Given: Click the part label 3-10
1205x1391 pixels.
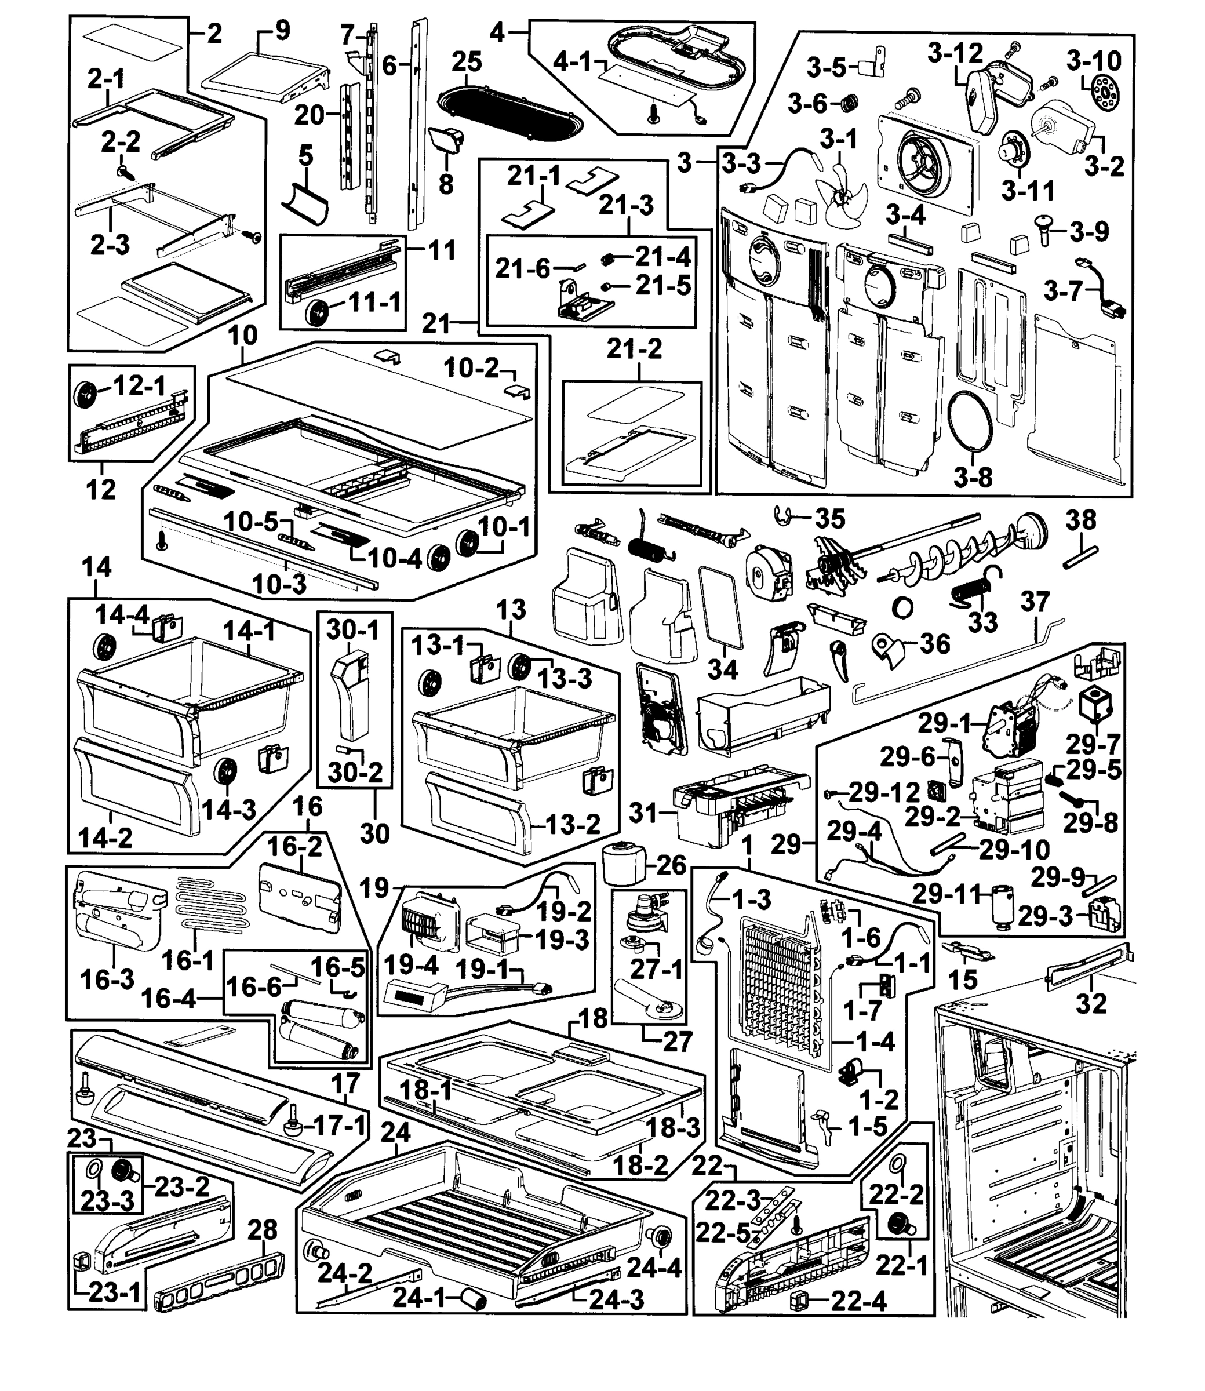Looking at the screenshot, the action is click(x=1093, y=61).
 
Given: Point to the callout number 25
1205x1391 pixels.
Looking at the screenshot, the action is click(x=467, y=62).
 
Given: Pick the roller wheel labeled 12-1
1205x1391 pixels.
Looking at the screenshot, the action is click(x=86, y=394).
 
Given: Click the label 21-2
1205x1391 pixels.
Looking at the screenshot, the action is click(x=634, y=349).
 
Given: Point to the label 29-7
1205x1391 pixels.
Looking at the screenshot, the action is click(x=1092, y=745).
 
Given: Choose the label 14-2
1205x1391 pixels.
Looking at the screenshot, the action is click(x=105, y=837).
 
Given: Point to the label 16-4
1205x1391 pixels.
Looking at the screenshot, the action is click(x=169, y=999).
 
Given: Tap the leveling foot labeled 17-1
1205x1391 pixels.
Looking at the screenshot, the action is click(x=294, y=1122).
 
